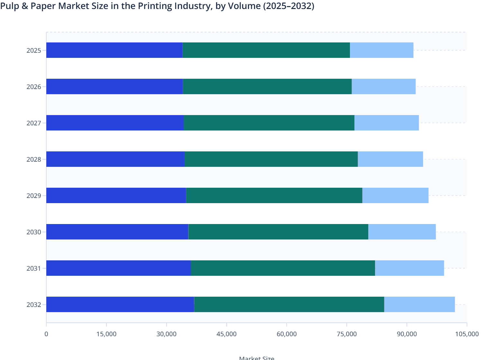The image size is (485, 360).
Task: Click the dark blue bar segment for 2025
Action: click(114, 50)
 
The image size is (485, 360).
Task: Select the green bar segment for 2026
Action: click(267, 86)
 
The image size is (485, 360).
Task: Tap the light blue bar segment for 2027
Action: click(386, 123)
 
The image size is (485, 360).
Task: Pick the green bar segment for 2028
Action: click(271, 159)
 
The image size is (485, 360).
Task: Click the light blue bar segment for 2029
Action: click(395, 195)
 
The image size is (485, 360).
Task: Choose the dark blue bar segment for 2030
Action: click(117, 232)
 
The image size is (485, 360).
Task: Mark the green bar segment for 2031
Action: click(283, 268)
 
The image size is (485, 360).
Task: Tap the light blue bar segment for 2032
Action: click(419, 304)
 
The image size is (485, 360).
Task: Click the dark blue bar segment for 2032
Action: click(120, 304)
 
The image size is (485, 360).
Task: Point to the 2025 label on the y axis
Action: click(34, 50)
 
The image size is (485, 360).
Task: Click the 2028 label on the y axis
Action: click(34, 159)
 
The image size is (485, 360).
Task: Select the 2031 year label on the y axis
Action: click(34, 268)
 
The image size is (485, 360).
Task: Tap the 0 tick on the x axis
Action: click(46, 334)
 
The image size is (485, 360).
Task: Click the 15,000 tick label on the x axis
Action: click(106, 334)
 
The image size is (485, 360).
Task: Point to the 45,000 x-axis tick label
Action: click(226, 334)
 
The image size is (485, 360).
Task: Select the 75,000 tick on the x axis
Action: click(347, 334)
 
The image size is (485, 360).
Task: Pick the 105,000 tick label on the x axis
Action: click(467, 334)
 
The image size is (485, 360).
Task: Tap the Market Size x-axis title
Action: click(257, 358)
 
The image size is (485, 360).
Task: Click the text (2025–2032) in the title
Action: click(288, 6)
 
